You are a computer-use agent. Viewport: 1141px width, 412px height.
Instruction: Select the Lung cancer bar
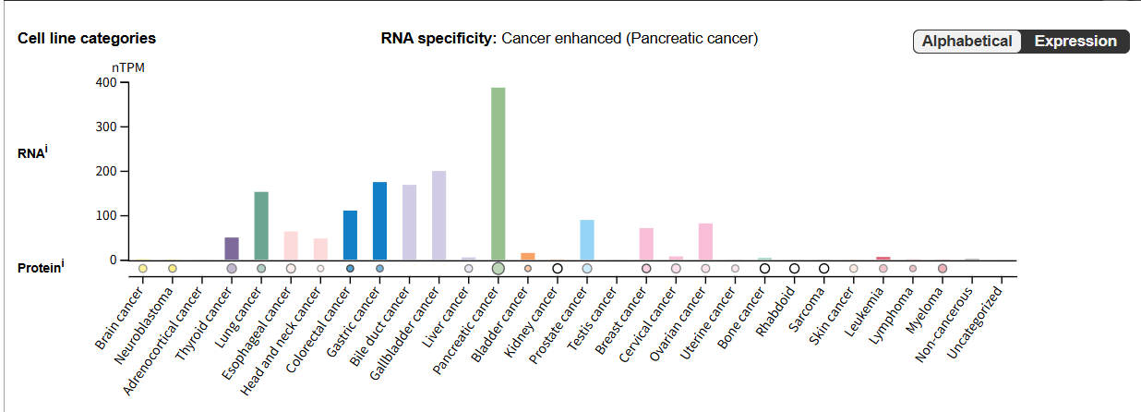pos(261,225)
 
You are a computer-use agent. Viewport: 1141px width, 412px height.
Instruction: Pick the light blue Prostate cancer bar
pos(587,239)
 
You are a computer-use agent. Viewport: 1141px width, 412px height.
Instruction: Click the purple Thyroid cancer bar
pos(232,248)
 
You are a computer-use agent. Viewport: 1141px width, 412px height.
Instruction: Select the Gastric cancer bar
pos(379,221)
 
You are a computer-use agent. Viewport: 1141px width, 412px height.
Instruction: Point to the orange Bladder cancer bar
pos(528,256)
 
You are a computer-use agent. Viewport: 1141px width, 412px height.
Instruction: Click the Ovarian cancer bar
pos(705,241)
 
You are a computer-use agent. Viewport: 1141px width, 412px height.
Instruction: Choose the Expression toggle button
pos(1075,42)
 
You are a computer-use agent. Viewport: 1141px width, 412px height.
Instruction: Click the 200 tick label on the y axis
pos(105,171)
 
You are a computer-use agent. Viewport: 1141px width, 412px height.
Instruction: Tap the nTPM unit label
pos(128,67)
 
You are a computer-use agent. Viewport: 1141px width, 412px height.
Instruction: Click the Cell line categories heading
pos(87,38)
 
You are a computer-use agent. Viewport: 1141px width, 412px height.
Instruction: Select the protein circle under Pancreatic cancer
pos(498,268)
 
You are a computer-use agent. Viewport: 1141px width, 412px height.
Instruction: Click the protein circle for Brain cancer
pos(143,268)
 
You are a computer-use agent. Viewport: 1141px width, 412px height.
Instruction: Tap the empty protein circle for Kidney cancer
pos(558,268)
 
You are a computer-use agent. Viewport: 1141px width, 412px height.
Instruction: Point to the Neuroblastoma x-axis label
pos(149,320)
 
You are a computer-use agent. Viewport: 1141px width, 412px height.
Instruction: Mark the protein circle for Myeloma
pos(943,268)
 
